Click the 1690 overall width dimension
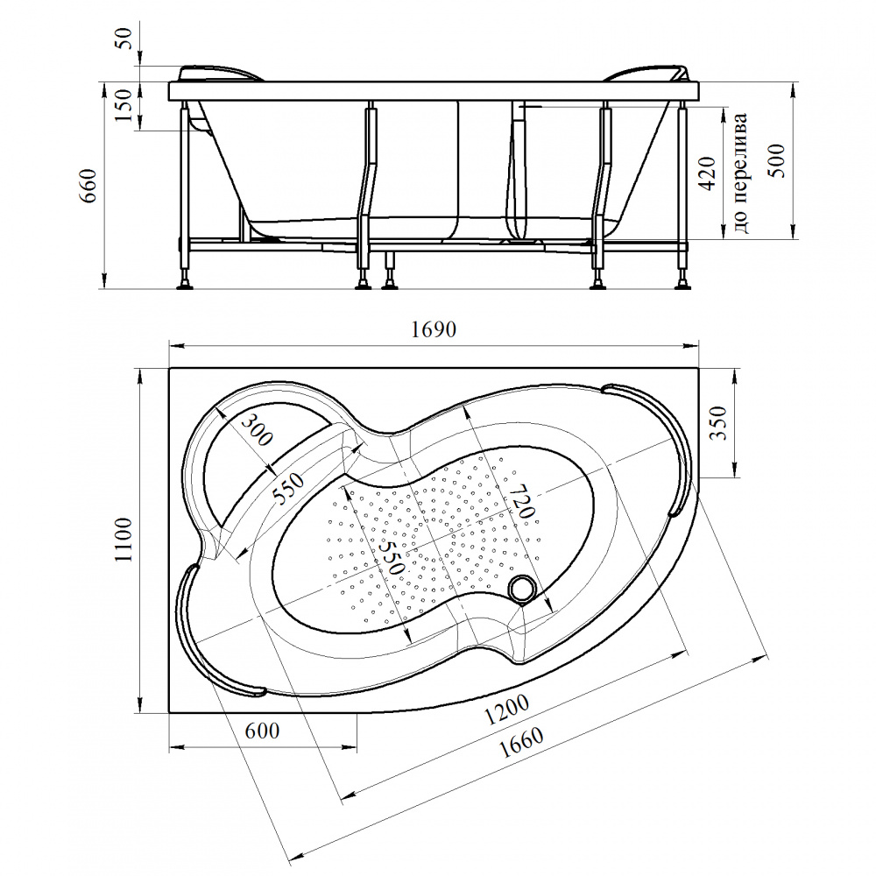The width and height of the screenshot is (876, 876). click(x=434, y=329)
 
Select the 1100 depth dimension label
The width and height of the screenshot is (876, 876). click(x=124, y=540)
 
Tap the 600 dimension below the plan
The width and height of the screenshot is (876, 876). click(x=262, y=731)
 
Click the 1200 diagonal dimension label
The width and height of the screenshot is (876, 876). click(x=506, y=709)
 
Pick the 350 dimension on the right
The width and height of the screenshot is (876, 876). click(x=720, y=422)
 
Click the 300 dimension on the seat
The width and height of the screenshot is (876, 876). click(x=257, y=429)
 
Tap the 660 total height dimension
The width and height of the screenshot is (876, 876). click(x=90, y=186)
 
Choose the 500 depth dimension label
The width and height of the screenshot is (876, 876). click(x=778, y=161)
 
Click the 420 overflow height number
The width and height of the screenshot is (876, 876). click(x=708, y=173)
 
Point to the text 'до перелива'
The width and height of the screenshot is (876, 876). click(x=740, y=173)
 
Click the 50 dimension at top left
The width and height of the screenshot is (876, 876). click(x=126, y=38)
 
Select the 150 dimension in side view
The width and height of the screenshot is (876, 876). click(x=125, y=104)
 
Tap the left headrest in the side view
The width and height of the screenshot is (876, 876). click(x=221, y=74)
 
